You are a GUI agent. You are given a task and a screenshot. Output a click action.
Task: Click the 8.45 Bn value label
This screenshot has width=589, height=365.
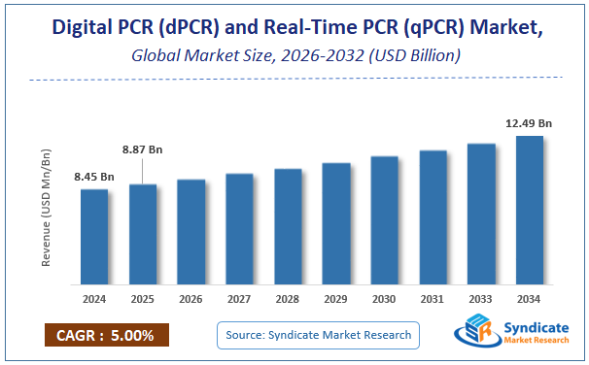(x=94, y=177)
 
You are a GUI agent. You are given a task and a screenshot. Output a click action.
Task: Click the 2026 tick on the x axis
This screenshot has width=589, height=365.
(x=191, y=298)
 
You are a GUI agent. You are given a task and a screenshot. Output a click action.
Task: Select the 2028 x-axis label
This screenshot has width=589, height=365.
(x=288, y=298)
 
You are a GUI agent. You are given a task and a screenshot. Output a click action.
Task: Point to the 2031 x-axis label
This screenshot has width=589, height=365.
(x=433, y=298)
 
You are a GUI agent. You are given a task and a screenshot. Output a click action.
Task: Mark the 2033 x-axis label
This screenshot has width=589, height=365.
(x=481, y=298)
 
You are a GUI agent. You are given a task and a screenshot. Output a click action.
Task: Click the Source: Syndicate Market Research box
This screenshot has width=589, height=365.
(x=318, y=335)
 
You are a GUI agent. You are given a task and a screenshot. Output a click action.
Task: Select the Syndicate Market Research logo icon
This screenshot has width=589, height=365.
(x=475, y=333)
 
